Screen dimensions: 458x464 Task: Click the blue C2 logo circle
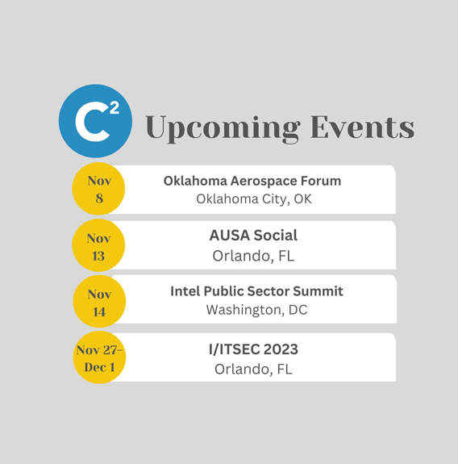(x=95, y=121)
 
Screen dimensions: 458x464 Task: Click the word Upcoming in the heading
(x=223, y=128)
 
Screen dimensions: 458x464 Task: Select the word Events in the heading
(x=362, y=127)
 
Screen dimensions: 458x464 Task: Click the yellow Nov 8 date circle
(x=98, y=189)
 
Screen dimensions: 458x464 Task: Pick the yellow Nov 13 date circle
(x=98, y=245)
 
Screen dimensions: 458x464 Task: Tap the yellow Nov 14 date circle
(x=99, y=302)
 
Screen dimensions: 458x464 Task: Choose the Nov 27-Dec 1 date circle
(x=99, y=357)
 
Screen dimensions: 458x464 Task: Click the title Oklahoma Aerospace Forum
(x=252, y=181)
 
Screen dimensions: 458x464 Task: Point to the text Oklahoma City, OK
(x=254, y=199)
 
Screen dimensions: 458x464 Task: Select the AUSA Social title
(x=253, y=236)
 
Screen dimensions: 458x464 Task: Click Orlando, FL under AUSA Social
(x=253, y=256)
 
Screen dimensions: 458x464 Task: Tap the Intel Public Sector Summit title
(x=256, y=291)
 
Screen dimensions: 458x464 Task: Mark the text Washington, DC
(x=256, y=310)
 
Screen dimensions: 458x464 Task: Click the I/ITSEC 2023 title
(x=253, y=349)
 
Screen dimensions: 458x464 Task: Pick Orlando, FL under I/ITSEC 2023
(x=253, y=370)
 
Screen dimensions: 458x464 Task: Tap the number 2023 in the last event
(x=281, y=349)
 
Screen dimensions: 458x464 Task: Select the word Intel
(x=185, y=291)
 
